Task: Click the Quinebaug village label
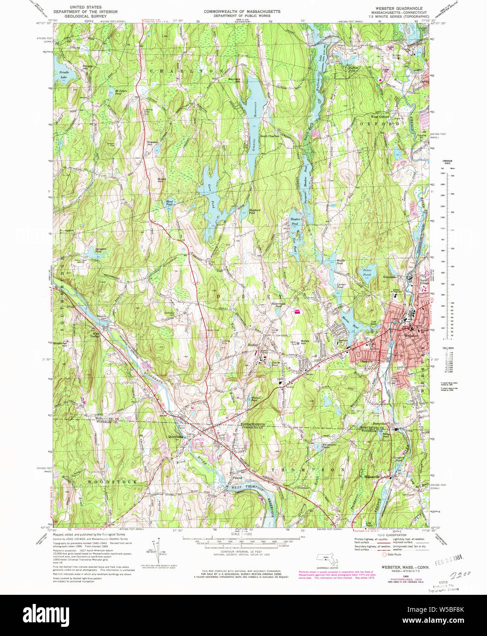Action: click(175, 437)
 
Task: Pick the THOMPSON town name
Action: click(308, 470)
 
